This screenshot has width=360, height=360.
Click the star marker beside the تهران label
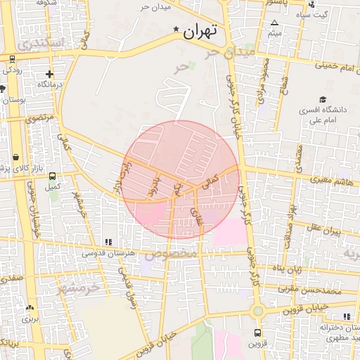(x=176, y=30)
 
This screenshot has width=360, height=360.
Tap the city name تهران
(x=200, y=32)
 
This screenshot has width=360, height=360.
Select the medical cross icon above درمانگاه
(x=49, y=74)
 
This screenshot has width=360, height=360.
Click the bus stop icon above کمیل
(x=52, y=176)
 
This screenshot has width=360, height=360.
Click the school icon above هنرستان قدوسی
(x=107, y=243)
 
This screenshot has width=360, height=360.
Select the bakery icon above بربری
(x=29, y=307)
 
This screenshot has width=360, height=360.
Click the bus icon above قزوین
(x=257, y=333)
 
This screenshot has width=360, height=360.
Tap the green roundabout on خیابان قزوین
(x=258, y=310)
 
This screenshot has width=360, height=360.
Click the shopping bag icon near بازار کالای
(x=15, y=156)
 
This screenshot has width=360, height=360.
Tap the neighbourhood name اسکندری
(x=42, y=44)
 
